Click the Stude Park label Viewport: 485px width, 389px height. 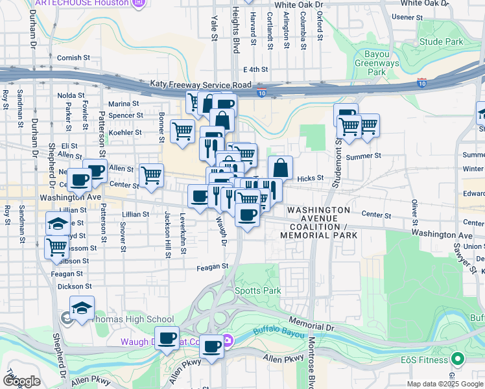[441, 41]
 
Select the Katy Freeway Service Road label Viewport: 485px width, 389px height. [200, 84]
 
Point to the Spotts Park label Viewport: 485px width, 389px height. [257, 290]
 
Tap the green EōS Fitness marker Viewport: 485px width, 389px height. [458, 359]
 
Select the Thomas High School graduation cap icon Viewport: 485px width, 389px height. [82, 308]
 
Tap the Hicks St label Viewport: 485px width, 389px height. [310, 178]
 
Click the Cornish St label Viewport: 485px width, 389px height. [73, 58]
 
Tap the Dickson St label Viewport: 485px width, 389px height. [70, 285]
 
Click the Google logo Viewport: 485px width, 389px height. [21, 381]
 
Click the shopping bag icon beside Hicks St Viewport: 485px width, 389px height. [280, 167]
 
